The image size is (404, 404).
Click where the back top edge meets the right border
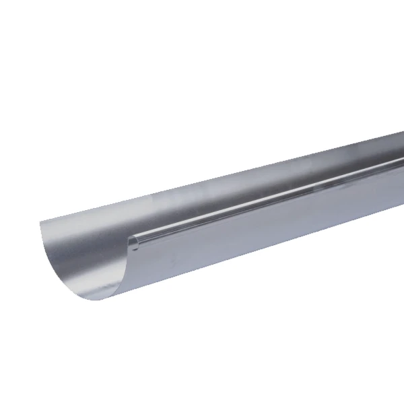(x=403, y=133)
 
